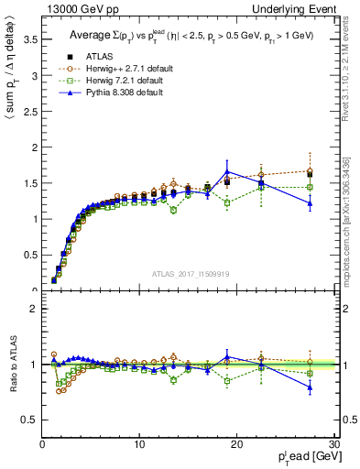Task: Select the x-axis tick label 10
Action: (139, 443)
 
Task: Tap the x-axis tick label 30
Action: (334, 443)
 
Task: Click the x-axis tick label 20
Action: (237, 443)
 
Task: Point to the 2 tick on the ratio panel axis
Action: (33, 309)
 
